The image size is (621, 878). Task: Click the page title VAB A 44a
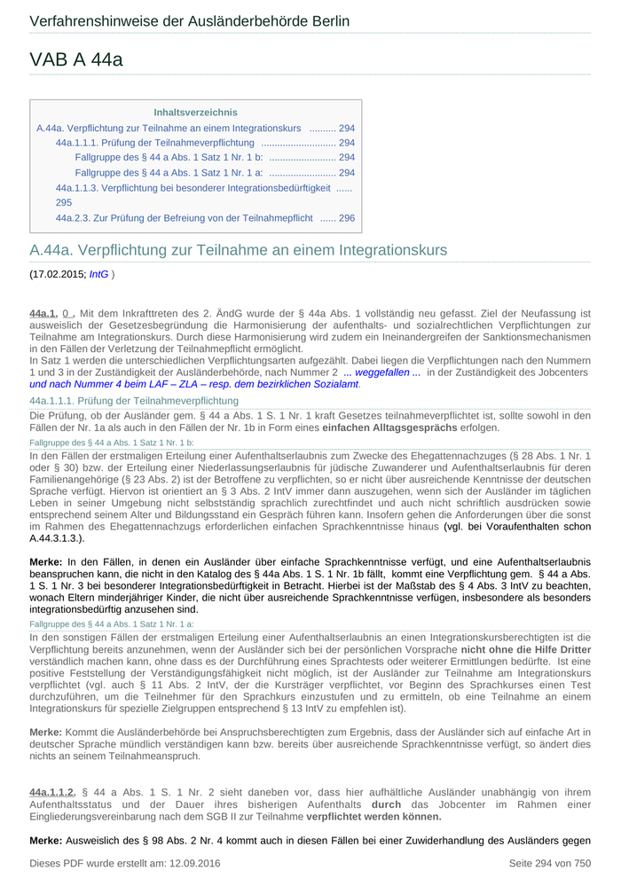point(76,59)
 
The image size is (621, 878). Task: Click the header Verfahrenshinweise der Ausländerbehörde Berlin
point(189,20)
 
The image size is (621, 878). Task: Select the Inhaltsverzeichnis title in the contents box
point(195,113)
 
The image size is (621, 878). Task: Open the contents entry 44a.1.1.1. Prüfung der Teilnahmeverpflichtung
point(155,143)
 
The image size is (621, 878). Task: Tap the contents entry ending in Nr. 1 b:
point(169,157)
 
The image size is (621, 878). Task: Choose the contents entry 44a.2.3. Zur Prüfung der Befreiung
point(185,217)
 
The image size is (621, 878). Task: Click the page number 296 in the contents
point(347,217)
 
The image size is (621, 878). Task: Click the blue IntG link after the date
point(98,274)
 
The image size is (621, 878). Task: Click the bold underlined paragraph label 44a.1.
point(43,313)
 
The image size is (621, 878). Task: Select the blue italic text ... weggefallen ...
point(381,372)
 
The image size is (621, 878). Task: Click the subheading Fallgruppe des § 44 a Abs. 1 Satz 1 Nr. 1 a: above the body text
point(112,624)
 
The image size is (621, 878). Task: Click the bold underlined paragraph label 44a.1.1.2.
point(52,792)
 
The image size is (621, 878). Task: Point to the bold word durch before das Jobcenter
point(386,804)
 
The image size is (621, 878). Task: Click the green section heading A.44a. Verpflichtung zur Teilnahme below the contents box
point(239,250)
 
